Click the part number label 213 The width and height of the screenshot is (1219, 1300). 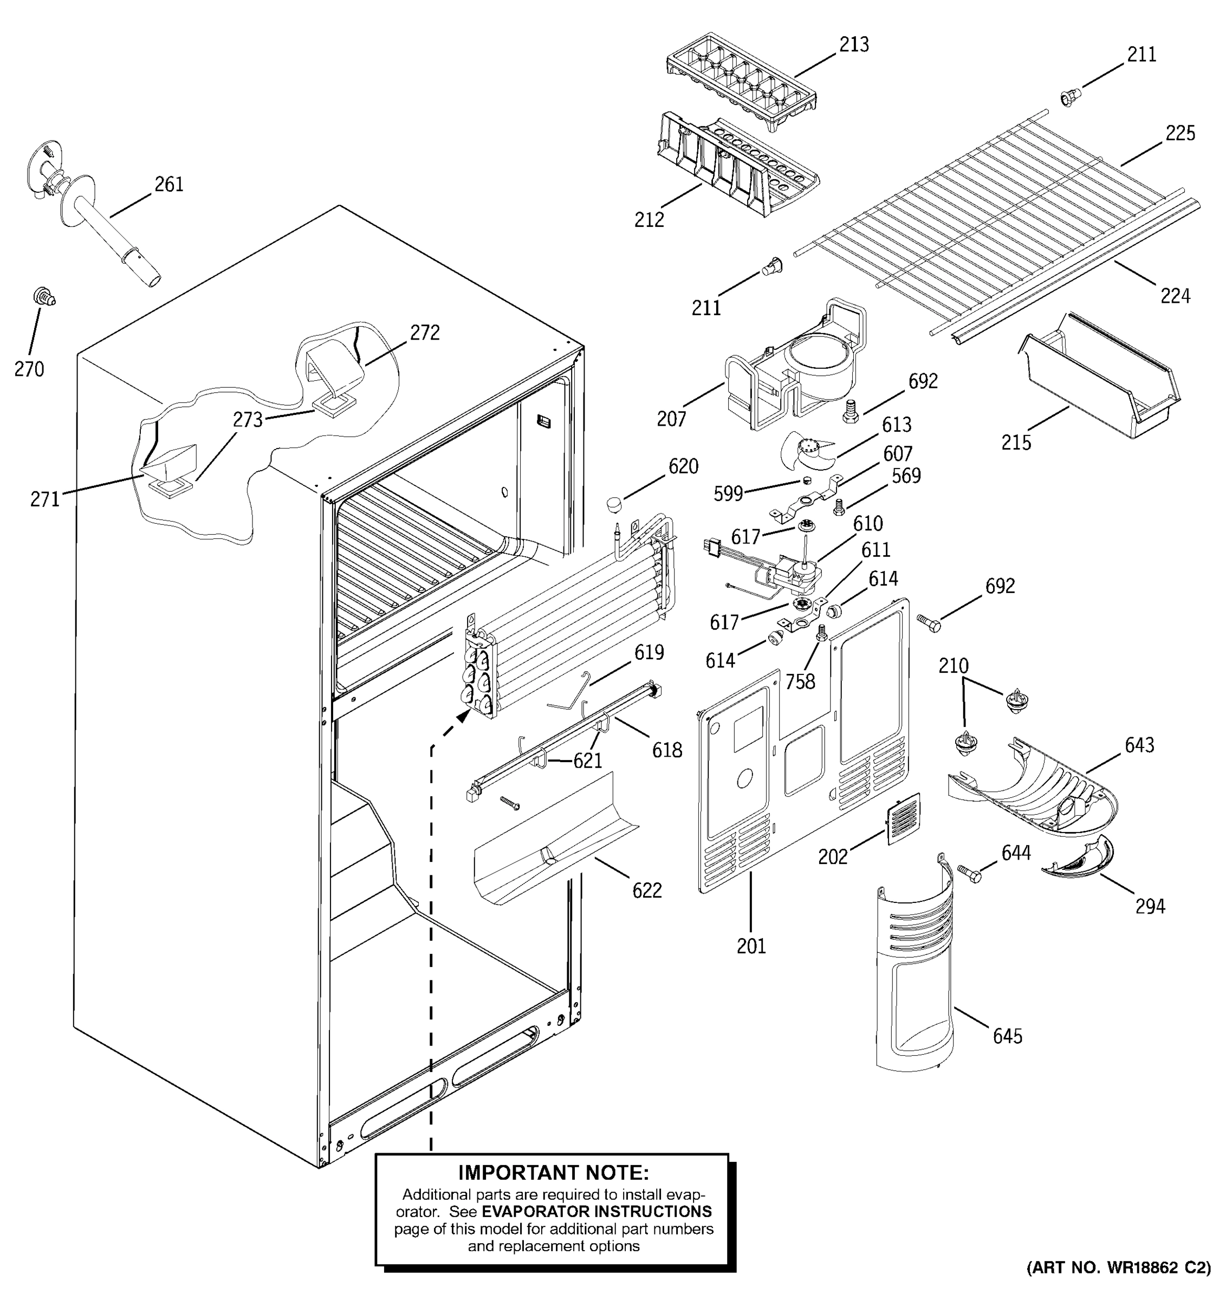tap(853, 44)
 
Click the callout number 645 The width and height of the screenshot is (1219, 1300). tap(1007, 1036)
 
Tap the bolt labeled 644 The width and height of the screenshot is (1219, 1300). tap(970, 873)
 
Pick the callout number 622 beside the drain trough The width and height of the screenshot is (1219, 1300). tap(646, 890)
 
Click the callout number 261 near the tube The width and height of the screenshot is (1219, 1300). tap(168, 184)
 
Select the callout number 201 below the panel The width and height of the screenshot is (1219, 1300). tap(750, 946)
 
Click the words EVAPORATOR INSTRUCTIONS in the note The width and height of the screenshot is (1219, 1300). tap(596, 1211)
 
